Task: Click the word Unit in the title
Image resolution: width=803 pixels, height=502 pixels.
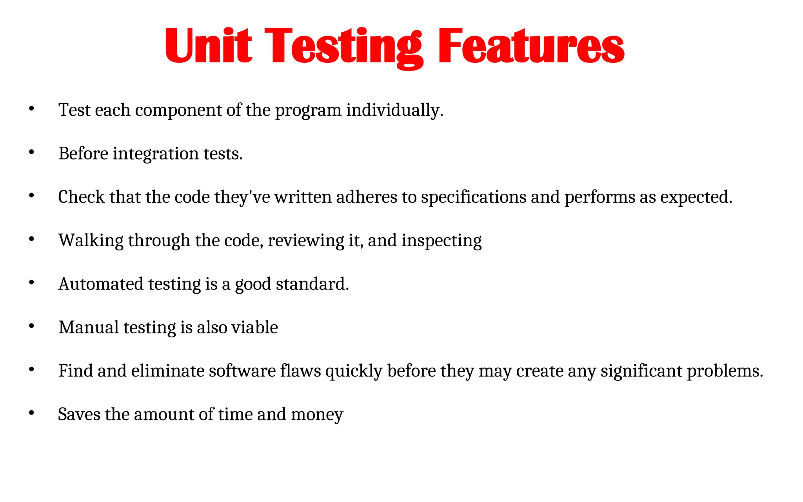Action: (208, 46)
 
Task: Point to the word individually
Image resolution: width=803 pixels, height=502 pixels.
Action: (394, 110)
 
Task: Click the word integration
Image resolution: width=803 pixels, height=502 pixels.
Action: (156, 154)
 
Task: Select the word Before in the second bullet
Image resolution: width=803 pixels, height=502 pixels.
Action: (83, 153)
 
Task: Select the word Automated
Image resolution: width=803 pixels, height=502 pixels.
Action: (101, 284)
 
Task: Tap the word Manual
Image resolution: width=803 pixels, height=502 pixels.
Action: (89, 327)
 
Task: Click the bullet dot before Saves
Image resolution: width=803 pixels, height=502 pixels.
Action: (32, 413)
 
